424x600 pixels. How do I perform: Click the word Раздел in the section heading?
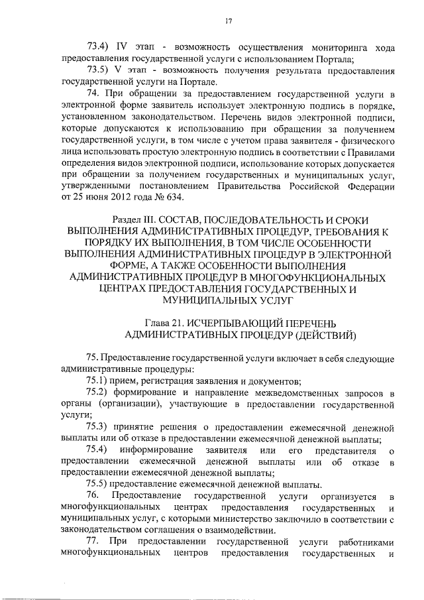(129, 219)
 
